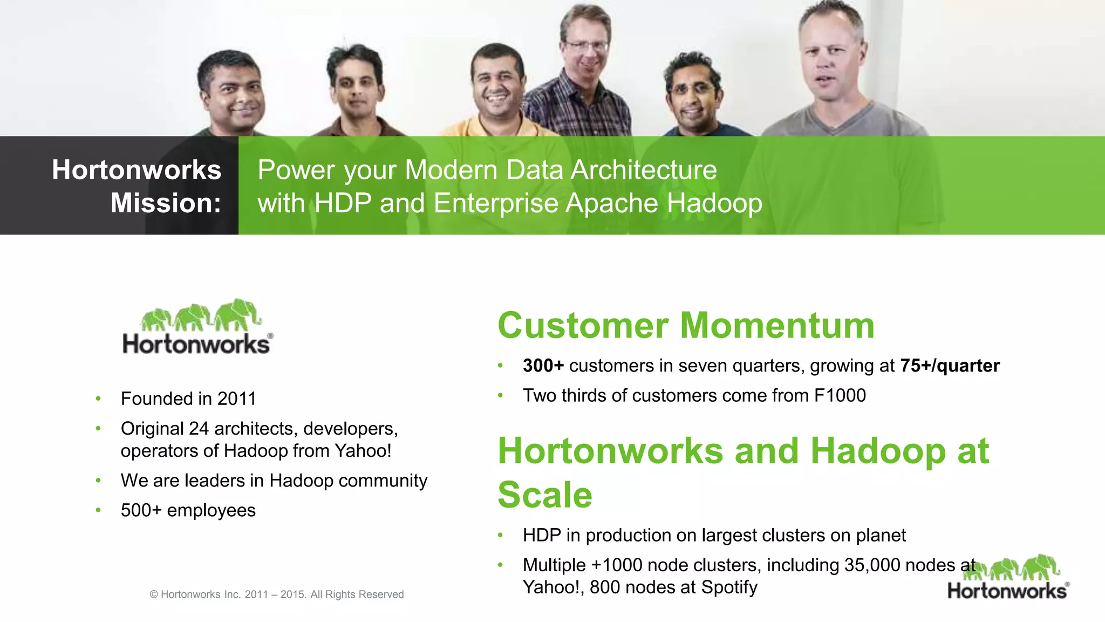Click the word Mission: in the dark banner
pos(166,204)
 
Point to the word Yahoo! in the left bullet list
pos(363,450)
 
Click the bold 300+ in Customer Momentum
pos(543,366)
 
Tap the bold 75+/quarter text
pos(950,366)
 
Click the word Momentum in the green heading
pos(777,326)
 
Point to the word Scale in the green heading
pos(545,495)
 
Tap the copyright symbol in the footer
pos(154,594)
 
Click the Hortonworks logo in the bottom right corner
pos(1007,578)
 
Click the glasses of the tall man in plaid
pos(586,45)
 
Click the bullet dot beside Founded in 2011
pos(98,399)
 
